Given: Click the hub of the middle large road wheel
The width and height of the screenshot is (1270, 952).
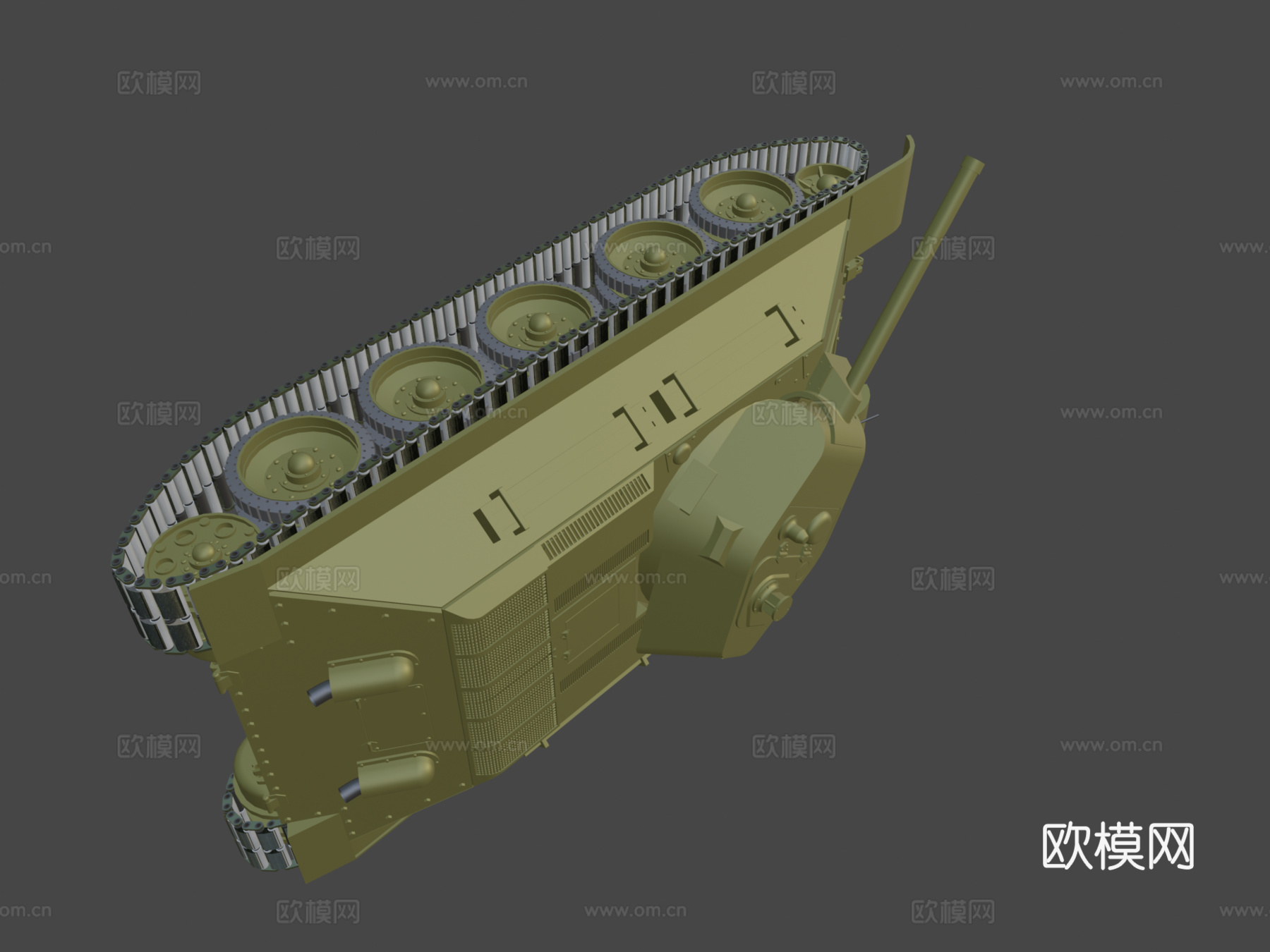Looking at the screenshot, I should click(540, 323).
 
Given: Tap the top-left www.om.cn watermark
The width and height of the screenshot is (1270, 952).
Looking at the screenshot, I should click(476, 83).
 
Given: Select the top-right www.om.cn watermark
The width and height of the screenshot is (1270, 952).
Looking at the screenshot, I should click(1111, 83).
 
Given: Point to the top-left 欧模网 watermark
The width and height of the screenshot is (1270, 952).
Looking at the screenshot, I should click(159, 83).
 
